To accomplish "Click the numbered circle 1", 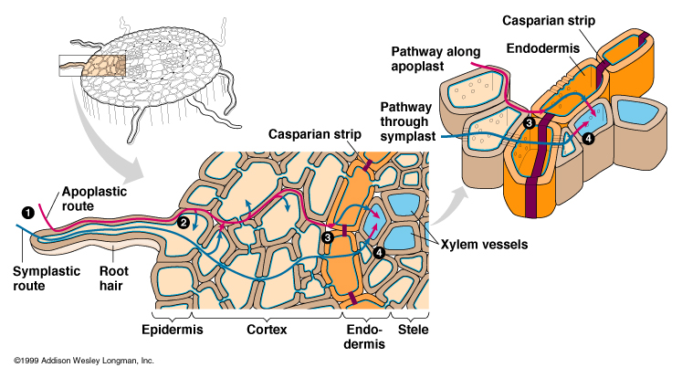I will pyautogui.click(x=28, y=213).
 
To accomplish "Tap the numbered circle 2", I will pyautogui.click(x=184, y=222).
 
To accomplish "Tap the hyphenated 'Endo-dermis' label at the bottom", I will pyautogui.click(x=365, y=335).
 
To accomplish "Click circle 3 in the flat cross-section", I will pyautogui.click(x=328, y=237).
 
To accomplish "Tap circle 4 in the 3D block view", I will pyautogui.click(x=588, y=139).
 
